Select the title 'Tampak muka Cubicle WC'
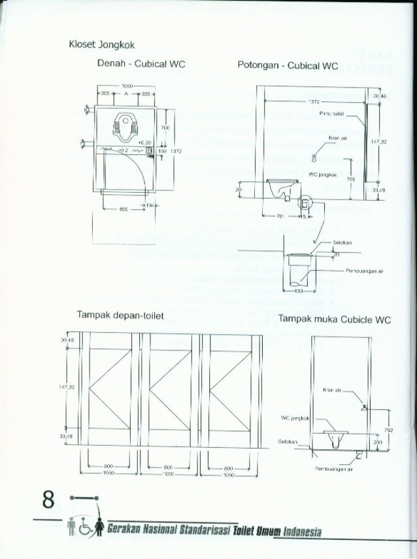tap(334, 320)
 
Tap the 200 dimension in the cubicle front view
tap(378, 442)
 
